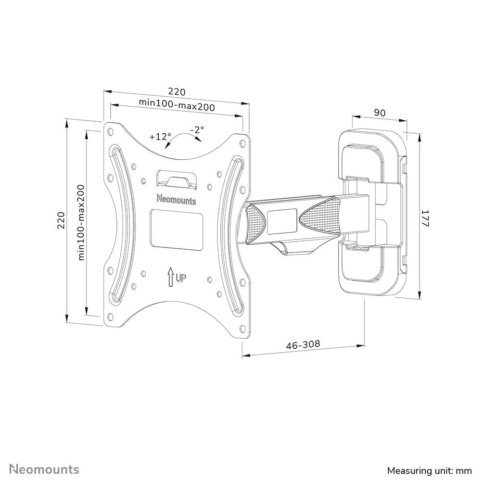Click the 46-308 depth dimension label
click(x=303, y=345)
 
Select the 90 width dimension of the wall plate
click(x=380, y=113)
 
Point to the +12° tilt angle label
click(x=160, y=136)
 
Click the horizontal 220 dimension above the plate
click(x=176, y=91)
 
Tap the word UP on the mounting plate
click(x=181, y=278)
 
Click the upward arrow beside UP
click(x=170, y=277)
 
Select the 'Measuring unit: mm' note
click(x=428, y=469)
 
